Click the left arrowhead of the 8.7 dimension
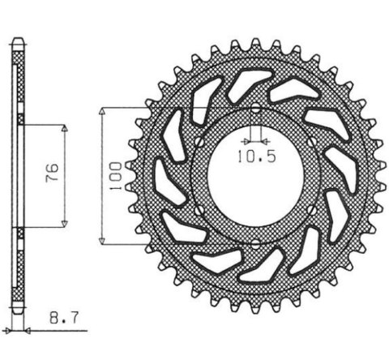tap(11, 330)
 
